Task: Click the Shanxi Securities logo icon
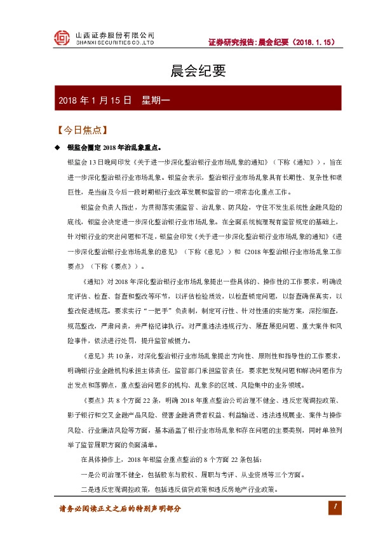pos(61,38)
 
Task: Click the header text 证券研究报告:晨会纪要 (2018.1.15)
pos(271,43)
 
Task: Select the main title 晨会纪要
pos(189,72)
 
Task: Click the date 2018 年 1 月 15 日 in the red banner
pos(95,100)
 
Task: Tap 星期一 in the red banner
pos(155,100)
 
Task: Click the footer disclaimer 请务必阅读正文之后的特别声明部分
pos(120,508)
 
